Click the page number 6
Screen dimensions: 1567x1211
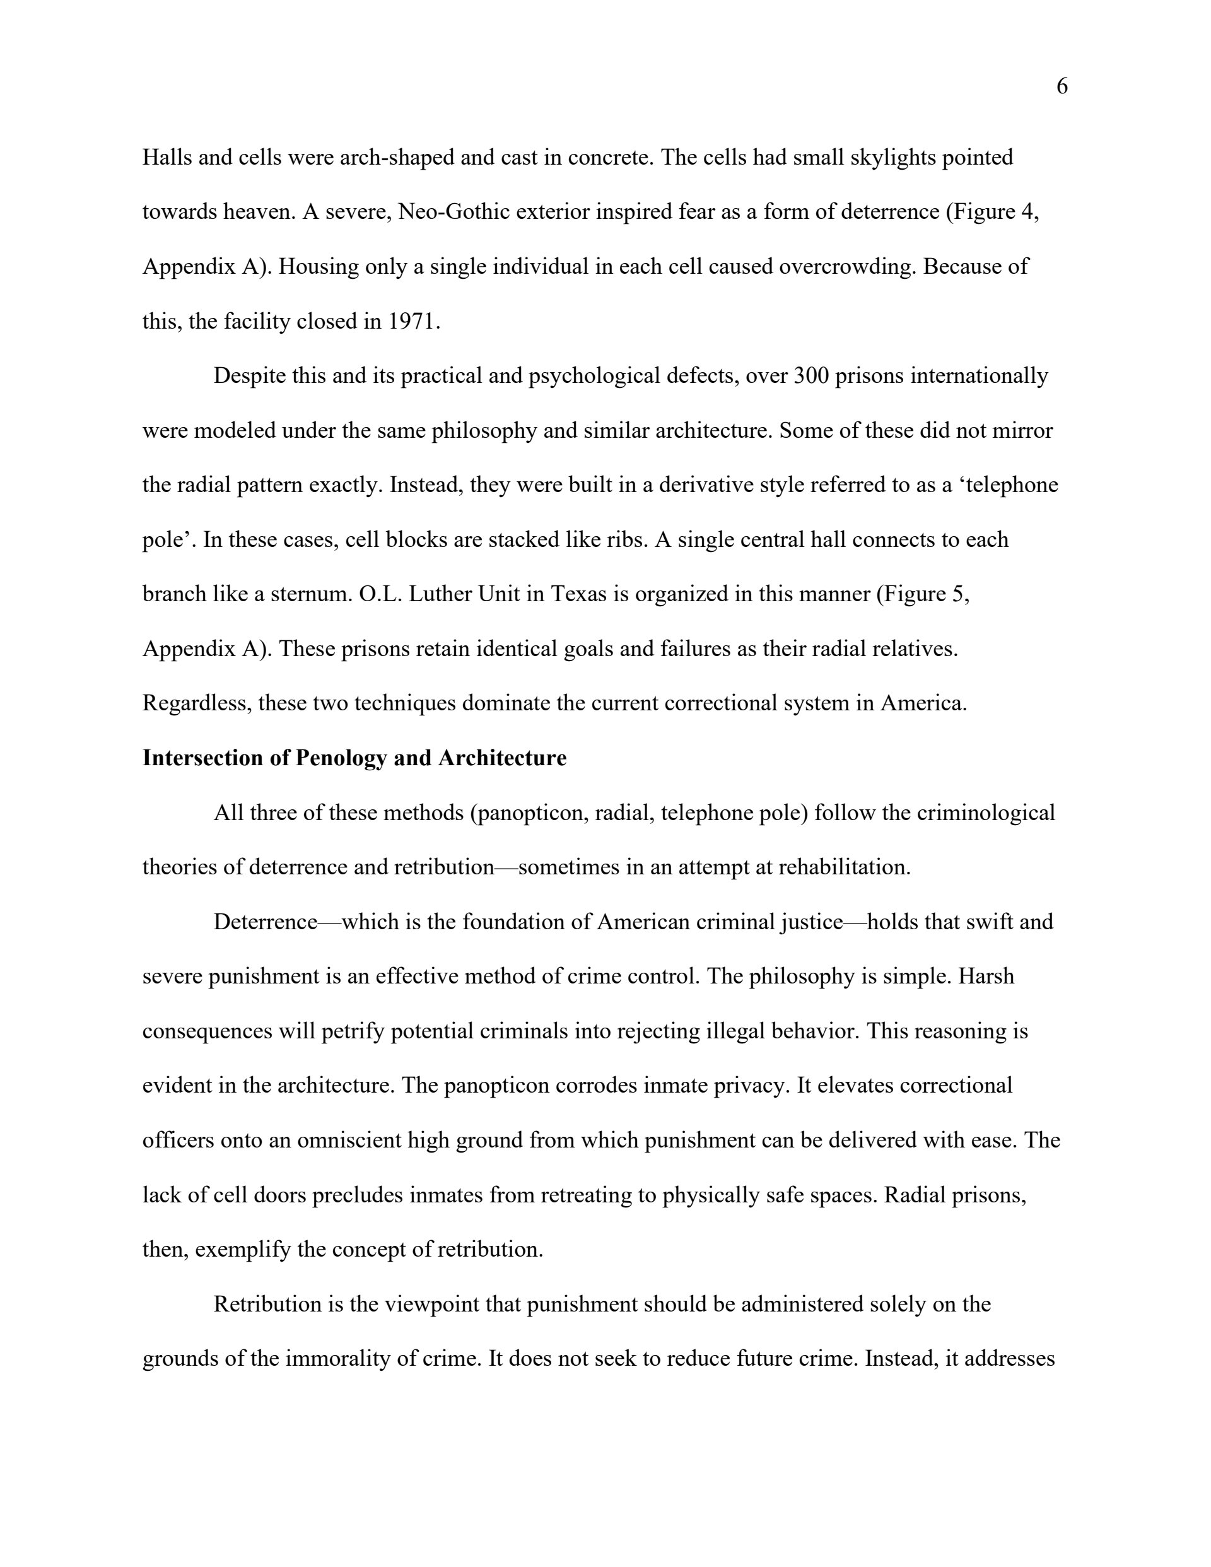[1062, 87]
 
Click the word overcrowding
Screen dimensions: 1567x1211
[847, 266]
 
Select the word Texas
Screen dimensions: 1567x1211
[578, 594]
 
